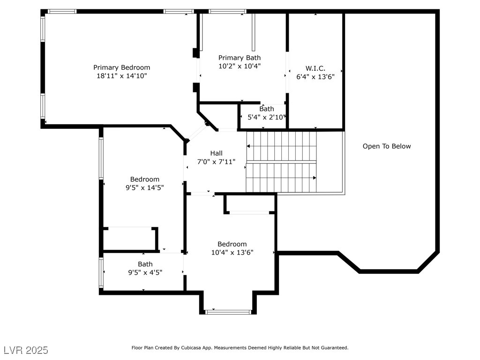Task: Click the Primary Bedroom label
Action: tap(121, 67)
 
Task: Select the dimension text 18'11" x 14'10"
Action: tap(121, 75)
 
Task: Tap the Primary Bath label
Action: tap(240, 58)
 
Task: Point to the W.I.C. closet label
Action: tap(315, 68)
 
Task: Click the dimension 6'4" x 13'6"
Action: tap(315, 77)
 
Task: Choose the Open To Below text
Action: tap(386, 146)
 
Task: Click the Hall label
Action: tap(216, 153)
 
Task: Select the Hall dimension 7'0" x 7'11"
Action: tap(216, 162)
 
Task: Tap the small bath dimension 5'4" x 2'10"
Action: tap(266, 117)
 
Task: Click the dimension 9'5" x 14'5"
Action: tap(144, 187)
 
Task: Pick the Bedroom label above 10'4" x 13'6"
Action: tap(232, 244)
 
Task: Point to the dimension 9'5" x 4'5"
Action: tap(145, 272)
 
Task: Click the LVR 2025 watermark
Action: tap(26, 350)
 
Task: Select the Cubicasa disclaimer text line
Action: tap(240, 348)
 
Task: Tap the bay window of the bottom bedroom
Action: tap(229, 311)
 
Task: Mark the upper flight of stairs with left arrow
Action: tap(281, 146)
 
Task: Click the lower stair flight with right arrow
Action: tap(281, 178)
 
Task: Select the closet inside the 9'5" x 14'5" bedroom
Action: tap(129, 239)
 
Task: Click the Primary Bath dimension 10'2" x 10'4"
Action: tap(240, 66)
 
